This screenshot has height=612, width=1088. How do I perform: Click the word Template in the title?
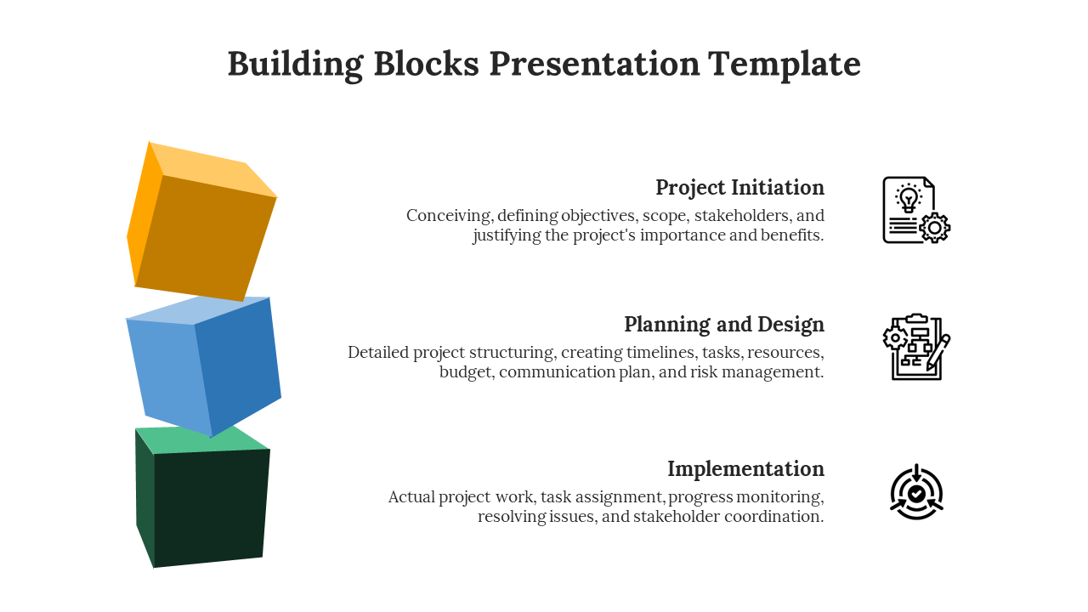(784, 64)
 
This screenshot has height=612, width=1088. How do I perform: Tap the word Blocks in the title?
(427, 63)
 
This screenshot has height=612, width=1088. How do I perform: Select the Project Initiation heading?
(739, 188)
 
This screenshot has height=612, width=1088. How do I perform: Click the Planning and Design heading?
(724, 325)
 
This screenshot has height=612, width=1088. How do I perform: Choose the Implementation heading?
(745, 469)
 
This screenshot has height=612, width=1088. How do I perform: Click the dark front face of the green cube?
(212, 507)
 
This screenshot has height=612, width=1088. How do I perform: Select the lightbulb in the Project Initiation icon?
(909, 199)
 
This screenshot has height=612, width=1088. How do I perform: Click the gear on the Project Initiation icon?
(934, 228)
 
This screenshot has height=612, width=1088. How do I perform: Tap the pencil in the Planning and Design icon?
(938, 353)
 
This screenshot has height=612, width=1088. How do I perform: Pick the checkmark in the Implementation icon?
(916, 495)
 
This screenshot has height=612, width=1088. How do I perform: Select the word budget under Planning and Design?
(467, 372)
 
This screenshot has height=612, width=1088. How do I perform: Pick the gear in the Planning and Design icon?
(895, 338)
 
